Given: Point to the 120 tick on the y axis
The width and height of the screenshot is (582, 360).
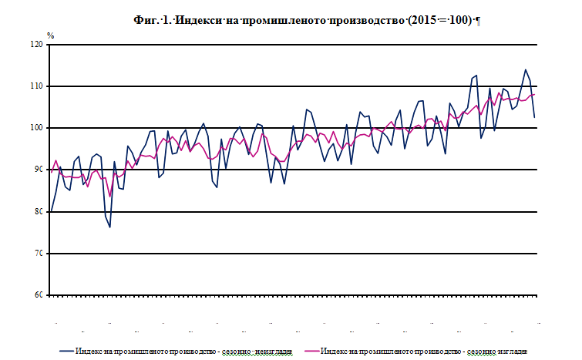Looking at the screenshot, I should click(x=36, y=45).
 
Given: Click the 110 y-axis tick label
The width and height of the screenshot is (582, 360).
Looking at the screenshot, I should click(x=36, y=86).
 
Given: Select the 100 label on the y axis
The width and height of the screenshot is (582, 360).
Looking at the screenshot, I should click(x=36, y=128).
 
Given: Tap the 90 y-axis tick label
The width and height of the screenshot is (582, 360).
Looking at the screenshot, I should click(x=39, y=170).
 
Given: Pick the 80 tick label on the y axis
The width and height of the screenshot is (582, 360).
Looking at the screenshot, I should click(x=39, y=211).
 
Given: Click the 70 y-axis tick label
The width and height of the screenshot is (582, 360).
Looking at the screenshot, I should click(x=39, y=254).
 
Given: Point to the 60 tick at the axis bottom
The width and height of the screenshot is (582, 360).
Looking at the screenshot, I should click(x=39, y=295).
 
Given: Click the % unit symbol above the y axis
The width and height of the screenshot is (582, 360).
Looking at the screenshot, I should click(x=51, y=35).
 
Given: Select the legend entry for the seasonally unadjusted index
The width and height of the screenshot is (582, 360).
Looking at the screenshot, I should click(x=183, y=352).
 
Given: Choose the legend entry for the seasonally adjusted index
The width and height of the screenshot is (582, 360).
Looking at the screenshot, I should click(x=422, y=352).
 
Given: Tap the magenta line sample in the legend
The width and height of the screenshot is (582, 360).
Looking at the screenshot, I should click(x=309, y=352).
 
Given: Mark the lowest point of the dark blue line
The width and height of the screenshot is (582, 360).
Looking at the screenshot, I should click(x=110, y=227).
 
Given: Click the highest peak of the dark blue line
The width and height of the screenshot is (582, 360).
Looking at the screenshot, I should click(x=525, y=69).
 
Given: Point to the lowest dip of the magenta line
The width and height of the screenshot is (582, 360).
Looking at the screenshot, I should click(x=110, y=197).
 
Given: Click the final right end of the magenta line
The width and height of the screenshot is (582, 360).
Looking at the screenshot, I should click(x=535, y=94).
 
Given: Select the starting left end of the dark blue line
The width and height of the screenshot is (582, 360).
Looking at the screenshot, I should click(x=51, y=211).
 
